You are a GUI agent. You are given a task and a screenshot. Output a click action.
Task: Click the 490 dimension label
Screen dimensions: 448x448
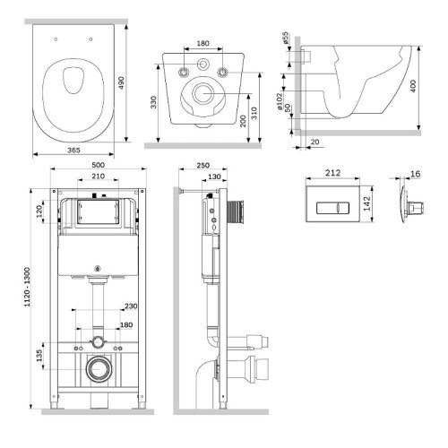point(121,82)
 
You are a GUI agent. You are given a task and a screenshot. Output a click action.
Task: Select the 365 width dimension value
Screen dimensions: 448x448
point(73,151)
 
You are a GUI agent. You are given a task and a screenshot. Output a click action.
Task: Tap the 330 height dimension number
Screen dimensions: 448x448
point(153,102)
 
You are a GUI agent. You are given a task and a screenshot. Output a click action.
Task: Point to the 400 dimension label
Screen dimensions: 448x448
point(413,86)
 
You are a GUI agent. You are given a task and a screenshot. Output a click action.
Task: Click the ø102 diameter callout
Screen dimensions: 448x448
point(280,101)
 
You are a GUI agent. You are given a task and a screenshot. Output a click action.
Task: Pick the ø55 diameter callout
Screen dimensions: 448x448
point(286,39)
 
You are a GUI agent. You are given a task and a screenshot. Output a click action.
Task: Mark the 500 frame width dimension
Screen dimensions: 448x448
point(98,165)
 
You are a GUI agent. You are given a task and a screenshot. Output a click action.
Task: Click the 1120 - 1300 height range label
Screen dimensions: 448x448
point(27,287)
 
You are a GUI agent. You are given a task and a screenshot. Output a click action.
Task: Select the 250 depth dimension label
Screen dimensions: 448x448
point(203,165)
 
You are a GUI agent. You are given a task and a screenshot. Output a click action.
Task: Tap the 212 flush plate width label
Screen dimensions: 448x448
point(332,173)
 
